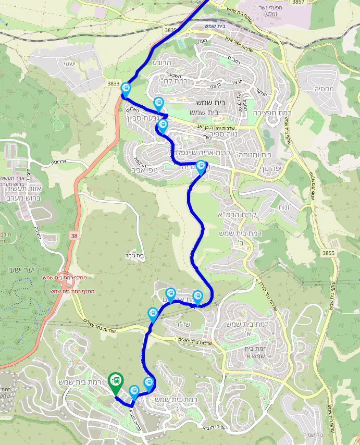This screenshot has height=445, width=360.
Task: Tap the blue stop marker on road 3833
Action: point(126,89)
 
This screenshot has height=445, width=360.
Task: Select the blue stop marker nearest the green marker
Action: point(134,391)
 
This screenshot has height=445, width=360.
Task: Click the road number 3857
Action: point(299,3)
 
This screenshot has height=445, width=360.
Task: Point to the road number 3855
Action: point(328,253)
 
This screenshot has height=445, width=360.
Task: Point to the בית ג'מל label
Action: point(134,255)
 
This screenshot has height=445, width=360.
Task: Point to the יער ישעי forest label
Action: point(22,269)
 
